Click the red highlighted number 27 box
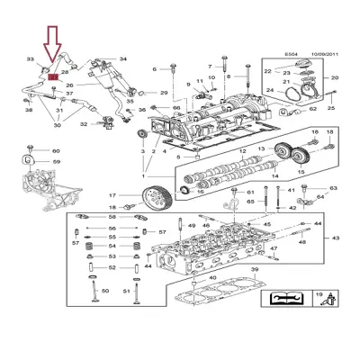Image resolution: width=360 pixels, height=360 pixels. (53, 78)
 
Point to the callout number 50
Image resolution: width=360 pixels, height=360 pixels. (105, 291)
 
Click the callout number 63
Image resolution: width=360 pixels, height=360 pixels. (333, 189)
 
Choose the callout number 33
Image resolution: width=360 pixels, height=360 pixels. (31, 60)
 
